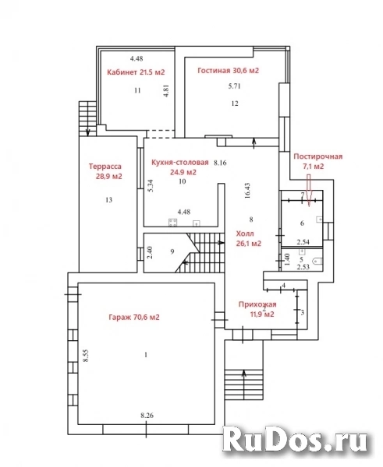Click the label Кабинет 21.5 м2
[x=136, y=72]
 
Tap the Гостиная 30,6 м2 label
[x=228, y=71]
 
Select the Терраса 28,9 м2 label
[x=108, y=171]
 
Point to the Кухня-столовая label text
[x=179, y=163]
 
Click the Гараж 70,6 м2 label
[x=133, y=318]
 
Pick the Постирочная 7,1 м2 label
[x=318, y=161]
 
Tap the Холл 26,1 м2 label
[x=248, y=238]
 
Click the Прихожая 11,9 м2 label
[x=257, y=309]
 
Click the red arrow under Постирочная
[x=309, y=191]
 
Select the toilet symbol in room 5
[x=317, y=262]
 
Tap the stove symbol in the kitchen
[x=172, y=223]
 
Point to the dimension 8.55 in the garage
[x=87, y=355]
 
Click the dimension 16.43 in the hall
[x=247, y=191]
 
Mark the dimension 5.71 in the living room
[x=234, y=86]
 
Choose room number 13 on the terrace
[x=109, y=200]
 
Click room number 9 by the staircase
[x=172, y=251]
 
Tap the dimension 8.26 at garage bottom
[x=147, y=415]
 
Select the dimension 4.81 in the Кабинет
[x=167, y=91]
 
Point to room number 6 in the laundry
[x=302, y=223]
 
